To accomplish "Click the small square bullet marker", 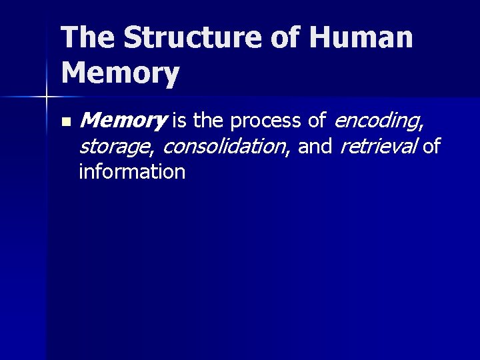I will (65, 122).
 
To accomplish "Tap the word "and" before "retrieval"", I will (315, 146).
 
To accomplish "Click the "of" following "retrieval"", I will (432, 146).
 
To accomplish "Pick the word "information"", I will (131, 171).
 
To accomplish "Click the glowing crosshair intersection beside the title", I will (46, 97).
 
